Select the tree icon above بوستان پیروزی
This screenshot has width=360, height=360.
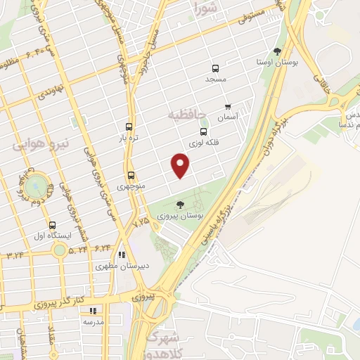coord(181,204)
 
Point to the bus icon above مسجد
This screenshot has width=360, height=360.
coord(215,69)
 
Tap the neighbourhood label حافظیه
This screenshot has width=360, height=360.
coord(186,112)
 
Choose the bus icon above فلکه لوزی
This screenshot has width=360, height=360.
coord(204,131)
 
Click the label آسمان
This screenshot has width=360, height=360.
coord(227,118)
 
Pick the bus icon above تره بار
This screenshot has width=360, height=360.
coord(129,127)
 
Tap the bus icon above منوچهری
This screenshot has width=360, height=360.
coord(131,176)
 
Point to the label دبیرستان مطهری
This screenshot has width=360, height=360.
coord(121,266)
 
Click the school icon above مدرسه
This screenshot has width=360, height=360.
coord(92,310)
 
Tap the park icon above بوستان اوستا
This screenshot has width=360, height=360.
coord(277,51)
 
